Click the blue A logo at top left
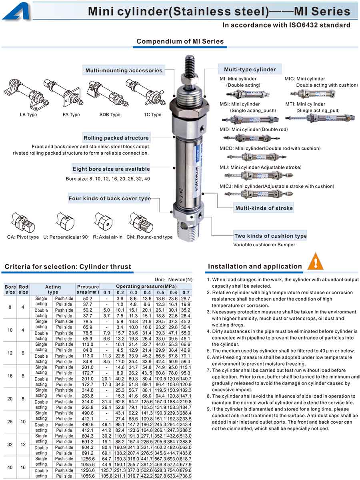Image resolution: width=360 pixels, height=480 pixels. tap(16, 10)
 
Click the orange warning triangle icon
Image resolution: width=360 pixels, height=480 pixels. tap(316, 262)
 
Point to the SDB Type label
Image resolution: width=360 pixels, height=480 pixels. tap(110, 115)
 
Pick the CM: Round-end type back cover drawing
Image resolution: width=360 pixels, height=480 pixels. tap(141, 222)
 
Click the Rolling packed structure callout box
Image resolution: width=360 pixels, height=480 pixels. tap(116, 138)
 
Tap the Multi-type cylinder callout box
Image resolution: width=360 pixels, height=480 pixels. tap(250, 69)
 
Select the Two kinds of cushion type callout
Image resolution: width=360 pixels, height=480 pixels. tap(270, 236)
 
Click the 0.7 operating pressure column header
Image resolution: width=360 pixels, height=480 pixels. tap(186, 293)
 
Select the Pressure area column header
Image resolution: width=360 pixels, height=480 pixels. tap(88, 289)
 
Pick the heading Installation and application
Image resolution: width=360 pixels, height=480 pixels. tap(255, 266)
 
